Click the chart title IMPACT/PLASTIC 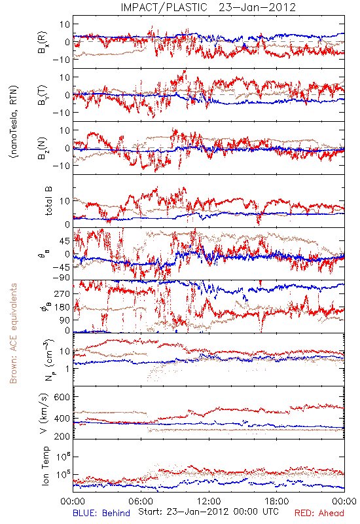[164, 7]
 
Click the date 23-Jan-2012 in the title [257, 7]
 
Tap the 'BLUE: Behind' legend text [101, 513]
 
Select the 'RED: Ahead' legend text [319, 513]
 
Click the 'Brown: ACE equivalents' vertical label [13, 333]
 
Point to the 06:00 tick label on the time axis [141, 501]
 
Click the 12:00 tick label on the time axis [209, 501]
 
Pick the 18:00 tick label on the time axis [277, 501]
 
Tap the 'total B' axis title [48, 201]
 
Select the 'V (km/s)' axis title [44, 413]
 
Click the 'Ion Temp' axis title [45, 466]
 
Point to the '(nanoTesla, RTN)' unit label [14, 122]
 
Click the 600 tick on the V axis [62, 398]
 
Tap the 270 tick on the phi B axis [62, 293]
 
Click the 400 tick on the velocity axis [62, 419]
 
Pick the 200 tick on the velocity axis [62, 436]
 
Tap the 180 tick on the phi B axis [62, 307]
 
